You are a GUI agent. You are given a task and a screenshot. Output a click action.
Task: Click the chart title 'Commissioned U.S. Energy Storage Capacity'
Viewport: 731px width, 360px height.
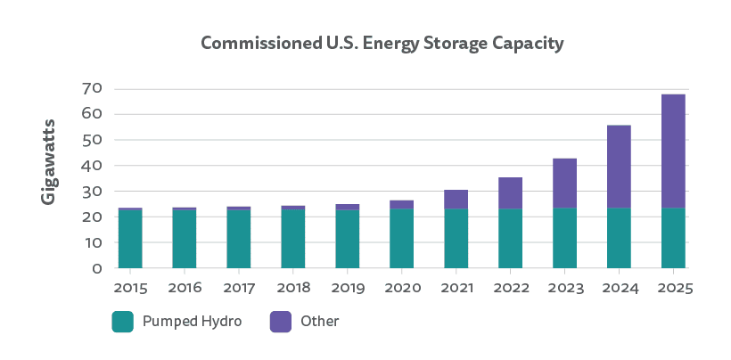pos(382,43)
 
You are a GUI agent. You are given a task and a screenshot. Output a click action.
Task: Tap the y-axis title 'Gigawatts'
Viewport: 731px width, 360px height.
pos(50,160)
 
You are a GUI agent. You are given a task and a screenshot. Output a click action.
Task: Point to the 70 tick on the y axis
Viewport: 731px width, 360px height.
pos(93,88)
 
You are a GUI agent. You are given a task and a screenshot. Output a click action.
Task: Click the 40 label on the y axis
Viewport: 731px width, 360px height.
pos(93,166)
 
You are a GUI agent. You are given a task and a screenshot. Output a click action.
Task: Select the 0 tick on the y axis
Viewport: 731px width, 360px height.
pos(98,268)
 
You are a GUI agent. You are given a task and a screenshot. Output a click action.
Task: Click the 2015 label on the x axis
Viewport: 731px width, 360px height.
pos(130,288)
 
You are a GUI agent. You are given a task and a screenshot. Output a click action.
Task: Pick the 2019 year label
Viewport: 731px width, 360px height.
pos(348,288)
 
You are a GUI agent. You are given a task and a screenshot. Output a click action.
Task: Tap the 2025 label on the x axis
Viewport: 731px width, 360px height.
pos(673,288)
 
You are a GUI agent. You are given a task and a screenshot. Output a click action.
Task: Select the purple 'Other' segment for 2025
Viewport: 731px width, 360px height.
pos(673,151)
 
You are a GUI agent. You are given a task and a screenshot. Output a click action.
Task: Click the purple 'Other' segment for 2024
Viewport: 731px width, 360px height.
pos(619,167)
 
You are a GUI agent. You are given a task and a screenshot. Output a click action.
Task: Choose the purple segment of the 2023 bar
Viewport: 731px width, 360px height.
pos(564,184)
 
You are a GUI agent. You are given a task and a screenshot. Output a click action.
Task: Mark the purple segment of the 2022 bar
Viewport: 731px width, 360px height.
pos(510,193)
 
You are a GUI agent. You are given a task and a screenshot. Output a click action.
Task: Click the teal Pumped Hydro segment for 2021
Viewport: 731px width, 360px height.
pos(456,238)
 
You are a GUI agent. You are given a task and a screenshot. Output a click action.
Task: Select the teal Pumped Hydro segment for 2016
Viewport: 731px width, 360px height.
pos(185,239)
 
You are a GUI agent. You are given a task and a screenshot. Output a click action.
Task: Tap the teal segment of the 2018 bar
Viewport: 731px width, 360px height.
pos(293,239)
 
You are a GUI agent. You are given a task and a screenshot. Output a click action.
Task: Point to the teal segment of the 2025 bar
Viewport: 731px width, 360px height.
pos(673,238)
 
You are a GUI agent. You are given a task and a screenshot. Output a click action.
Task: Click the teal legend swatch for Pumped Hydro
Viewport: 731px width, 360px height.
pos(122,322)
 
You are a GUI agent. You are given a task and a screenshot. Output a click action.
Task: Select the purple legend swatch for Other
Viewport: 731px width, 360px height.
pos(281,322)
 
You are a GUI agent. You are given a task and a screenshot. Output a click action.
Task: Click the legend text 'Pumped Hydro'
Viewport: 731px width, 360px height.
pos(192,322)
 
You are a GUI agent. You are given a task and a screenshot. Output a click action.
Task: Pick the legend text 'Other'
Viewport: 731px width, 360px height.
pos(321,322)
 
